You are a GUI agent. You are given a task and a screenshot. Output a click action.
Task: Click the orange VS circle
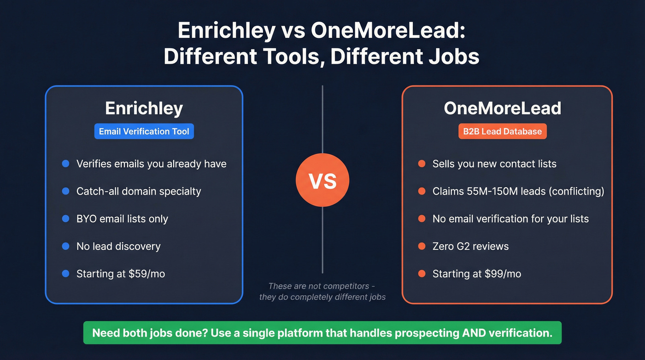pos(322,180)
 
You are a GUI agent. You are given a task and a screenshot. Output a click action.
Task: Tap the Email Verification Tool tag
pos(144,131)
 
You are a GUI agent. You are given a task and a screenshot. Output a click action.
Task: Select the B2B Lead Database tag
pos(503,131)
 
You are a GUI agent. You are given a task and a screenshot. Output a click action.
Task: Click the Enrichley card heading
pos(144,108)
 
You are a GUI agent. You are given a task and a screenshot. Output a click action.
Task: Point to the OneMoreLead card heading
pos(503,108)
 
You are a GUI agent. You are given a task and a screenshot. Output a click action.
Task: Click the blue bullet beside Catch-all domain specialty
pos(65,191)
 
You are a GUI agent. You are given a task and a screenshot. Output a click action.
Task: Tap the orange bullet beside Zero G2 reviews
pos(422,246)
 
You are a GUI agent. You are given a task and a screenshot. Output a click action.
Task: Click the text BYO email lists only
pos(122,219)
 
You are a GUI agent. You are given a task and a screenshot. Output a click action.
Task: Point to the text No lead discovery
pos(118,246)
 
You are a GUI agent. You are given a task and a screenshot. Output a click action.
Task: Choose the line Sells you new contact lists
pos(494,164)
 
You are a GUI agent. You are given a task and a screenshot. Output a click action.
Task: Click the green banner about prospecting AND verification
pos(322,333)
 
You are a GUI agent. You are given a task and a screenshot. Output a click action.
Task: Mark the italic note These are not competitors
pos(322,286)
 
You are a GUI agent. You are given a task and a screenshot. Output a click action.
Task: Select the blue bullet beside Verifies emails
pos(65,164)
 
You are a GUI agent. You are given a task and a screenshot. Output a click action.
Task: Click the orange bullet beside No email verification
pos(422,219)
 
